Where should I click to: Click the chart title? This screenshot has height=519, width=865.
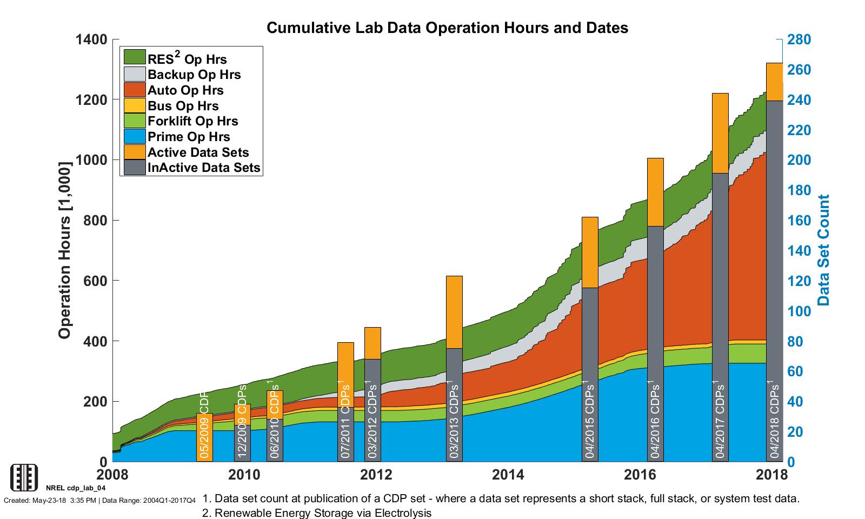tap(447, 28)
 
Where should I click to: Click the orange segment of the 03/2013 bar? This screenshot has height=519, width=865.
tap(454, 312)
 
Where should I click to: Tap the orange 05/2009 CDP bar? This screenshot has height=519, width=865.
tap(204, 437)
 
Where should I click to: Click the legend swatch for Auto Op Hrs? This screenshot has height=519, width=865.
tap(135, 90)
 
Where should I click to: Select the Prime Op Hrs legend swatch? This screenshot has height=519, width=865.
tap(135, 136)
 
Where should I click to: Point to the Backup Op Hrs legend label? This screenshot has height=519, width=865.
tap(194, 75)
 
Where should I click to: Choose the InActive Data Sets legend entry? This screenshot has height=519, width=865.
tap(204, 168)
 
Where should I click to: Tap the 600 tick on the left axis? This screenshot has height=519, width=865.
tap(96, 281)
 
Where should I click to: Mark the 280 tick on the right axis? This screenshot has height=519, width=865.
tap(798, 39)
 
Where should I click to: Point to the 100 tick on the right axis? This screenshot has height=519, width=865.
tap(798, 311)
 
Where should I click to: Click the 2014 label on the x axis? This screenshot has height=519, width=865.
tap(508, 475)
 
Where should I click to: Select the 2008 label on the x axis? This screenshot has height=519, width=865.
tap(112, 475)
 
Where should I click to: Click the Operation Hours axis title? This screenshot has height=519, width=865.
tap(65, 250)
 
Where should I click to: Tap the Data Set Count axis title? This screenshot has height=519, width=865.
tap(823, 250)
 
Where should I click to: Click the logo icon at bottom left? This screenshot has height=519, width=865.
tap(24, 477)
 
